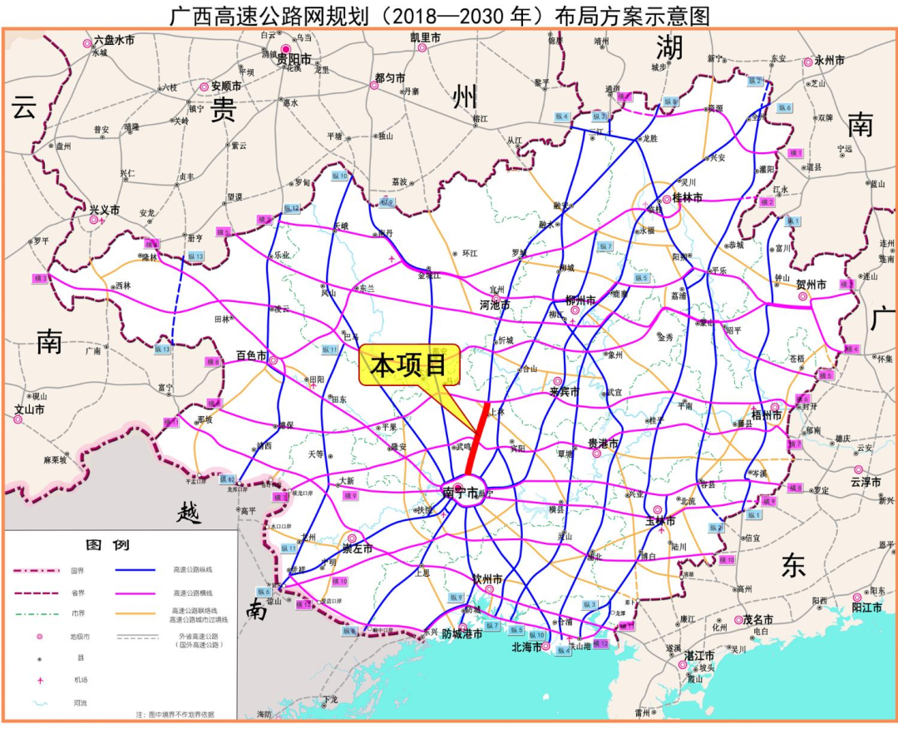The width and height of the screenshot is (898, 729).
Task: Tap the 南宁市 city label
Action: tap(461, 493)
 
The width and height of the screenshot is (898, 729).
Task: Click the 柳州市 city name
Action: tap(580, 300)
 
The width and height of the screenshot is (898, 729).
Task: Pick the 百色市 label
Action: tap(250, 355)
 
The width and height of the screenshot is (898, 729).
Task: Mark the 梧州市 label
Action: tap(767, 414)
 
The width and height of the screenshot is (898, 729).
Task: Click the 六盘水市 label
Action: tap(114, 39)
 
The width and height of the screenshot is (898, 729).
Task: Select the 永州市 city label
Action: tap(829, 61)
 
